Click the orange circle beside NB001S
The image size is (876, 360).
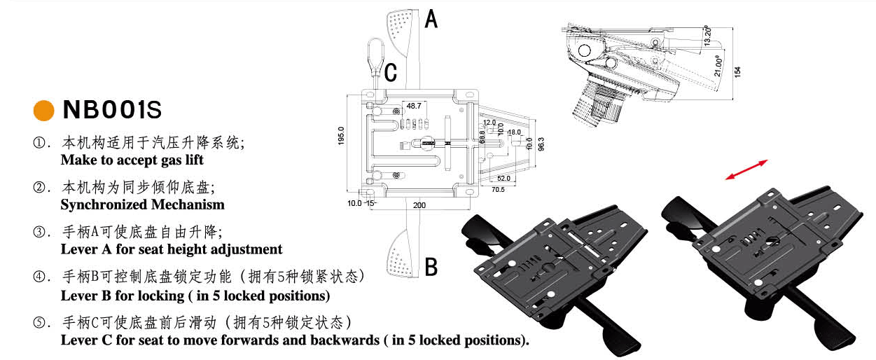(x=44, y=111)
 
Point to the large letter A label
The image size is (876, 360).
(x=431, y=19)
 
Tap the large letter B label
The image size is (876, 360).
(x=431, y=267)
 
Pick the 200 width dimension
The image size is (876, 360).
(x=418, y=205)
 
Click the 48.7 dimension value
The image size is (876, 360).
(x=414, y=106)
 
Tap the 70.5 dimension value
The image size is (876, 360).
(x=498, y=189)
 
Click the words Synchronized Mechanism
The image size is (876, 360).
(x=142, y=205)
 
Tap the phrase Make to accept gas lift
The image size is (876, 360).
(x=132, y=160)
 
